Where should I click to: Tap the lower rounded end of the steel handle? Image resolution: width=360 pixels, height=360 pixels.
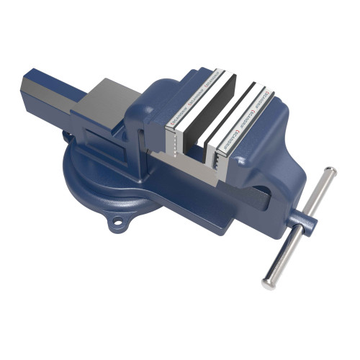pos(268,282)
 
